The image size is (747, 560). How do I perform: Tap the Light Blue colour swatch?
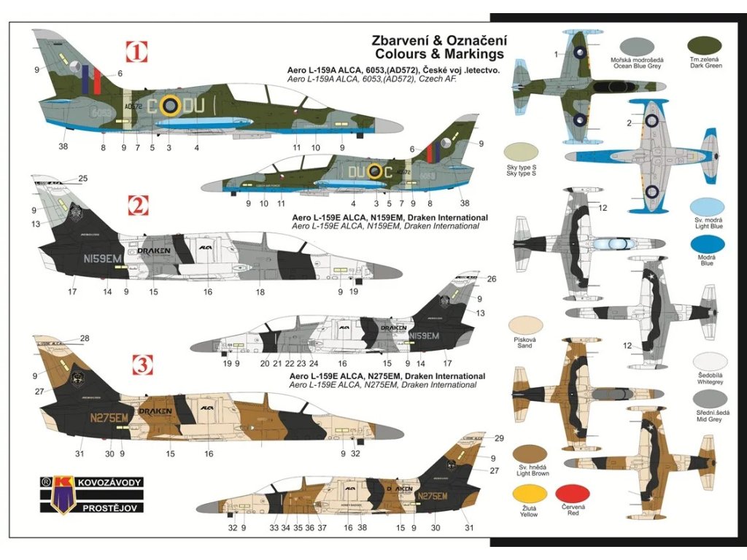click(707, 209)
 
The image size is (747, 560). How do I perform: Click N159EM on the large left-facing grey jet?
click(104, 257)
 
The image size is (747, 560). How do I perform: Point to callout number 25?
click(82, 179)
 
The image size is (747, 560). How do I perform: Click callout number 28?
click(85, 338)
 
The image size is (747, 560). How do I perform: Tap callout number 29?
click(499, 437)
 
